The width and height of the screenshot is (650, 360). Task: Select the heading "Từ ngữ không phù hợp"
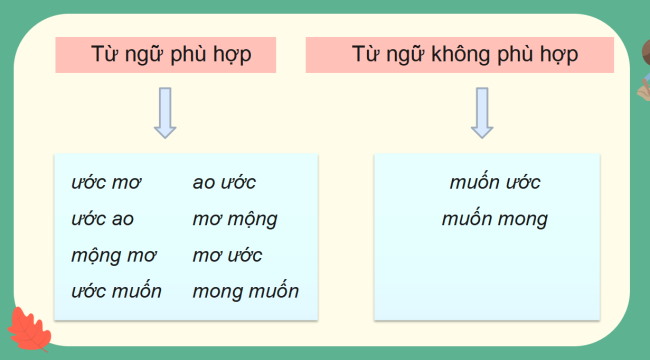coord(465,54)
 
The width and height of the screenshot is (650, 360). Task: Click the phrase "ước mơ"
coord(106,183)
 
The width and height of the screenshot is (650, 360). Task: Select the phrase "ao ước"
coord(224,183)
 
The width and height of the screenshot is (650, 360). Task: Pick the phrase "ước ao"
coord(102,219)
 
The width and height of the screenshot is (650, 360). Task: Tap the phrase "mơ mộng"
coord(235,219)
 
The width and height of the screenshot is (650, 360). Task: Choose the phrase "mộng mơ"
coord(107,256)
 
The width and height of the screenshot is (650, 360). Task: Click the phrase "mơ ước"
coord(227,256)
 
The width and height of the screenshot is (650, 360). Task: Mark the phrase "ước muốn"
coord(116,292)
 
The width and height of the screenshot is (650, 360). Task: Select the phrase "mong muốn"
coord(245,292)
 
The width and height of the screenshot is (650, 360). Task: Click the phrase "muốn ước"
coord(495,183)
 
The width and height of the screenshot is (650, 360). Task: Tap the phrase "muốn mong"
coord(495,219)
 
